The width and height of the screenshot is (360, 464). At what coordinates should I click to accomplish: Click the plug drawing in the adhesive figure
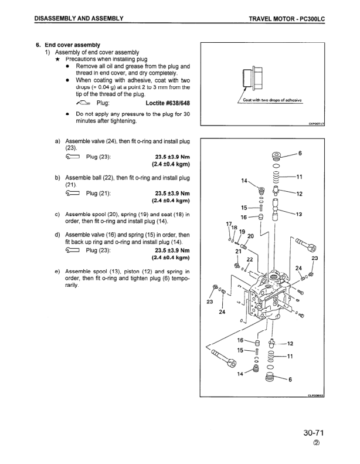tap(247, 77)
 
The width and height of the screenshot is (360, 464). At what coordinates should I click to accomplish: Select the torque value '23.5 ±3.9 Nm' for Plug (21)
tap(172, 194)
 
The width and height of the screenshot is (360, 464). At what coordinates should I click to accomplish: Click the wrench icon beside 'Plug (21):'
tap(73, 194)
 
